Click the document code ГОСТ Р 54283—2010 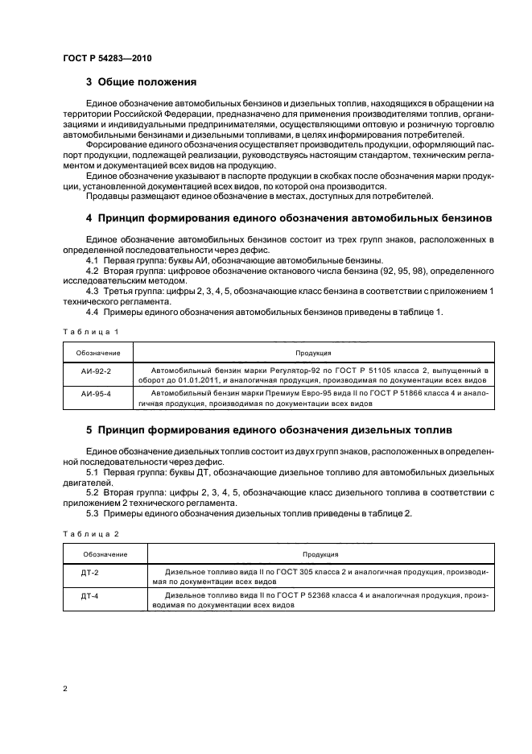[106, 60]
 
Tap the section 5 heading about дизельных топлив [269, 431]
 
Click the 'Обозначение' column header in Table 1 [98, 352]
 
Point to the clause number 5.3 [92, 515]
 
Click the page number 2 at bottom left [65, 689]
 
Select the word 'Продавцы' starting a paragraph [107, 196]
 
